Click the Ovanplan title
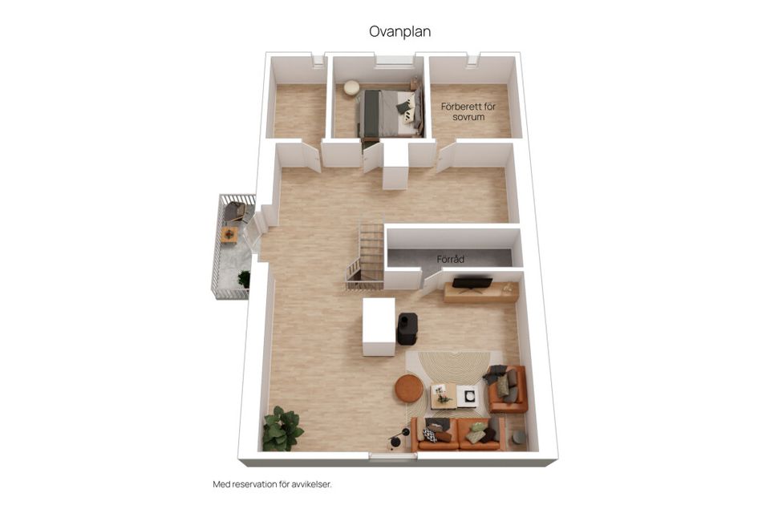(x=399, y=31)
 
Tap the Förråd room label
(x=450, y=259)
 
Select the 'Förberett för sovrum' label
(x=468, y=111)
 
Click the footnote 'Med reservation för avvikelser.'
(x=272, y=484)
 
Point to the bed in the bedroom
(x=391, y=114)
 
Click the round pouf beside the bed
(x=351, y=87)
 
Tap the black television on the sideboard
(x=472, y=283)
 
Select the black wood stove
(x=407, y=328)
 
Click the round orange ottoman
(x=409, y=388)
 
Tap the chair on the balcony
(x=235, y=212)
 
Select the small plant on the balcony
(x=244, y=279)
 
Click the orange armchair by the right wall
(x=507, y=389)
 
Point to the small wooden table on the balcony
(x=229, y=235)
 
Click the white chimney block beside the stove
(x=379, y=326)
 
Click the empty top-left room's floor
(x=299, y=111)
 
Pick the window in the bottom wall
(x=393, y=457)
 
